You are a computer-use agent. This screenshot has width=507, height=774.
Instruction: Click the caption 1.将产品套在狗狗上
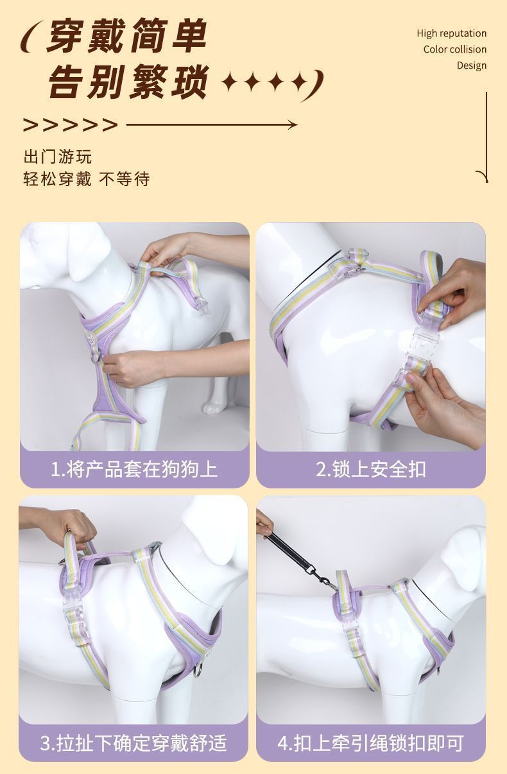click(x=134, y=469)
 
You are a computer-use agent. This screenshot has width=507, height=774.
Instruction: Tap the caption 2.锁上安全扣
click(x=371, y=469)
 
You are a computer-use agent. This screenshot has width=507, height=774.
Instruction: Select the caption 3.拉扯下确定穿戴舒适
click(x=133, y=743)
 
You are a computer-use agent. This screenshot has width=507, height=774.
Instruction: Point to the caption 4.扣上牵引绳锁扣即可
click(x=371, y=743)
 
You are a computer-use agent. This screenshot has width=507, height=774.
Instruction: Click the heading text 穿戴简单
click(x=127, y=37)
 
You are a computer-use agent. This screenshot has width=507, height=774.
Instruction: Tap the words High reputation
click(x=451, y=33)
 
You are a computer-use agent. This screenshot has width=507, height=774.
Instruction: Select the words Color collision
click(x=454, y=49)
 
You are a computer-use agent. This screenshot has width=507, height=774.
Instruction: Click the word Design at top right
click(x=471, y=65)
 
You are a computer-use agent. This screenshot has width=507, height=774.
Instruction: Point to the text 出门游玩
click(x=58, y=157)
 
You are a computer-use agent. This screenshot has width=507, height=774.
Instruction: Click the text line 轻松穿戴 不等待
click(x=87, y=179)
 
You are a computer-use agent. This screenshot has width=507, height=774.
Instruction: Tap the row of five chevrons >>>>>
click(x=71, y=125)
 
